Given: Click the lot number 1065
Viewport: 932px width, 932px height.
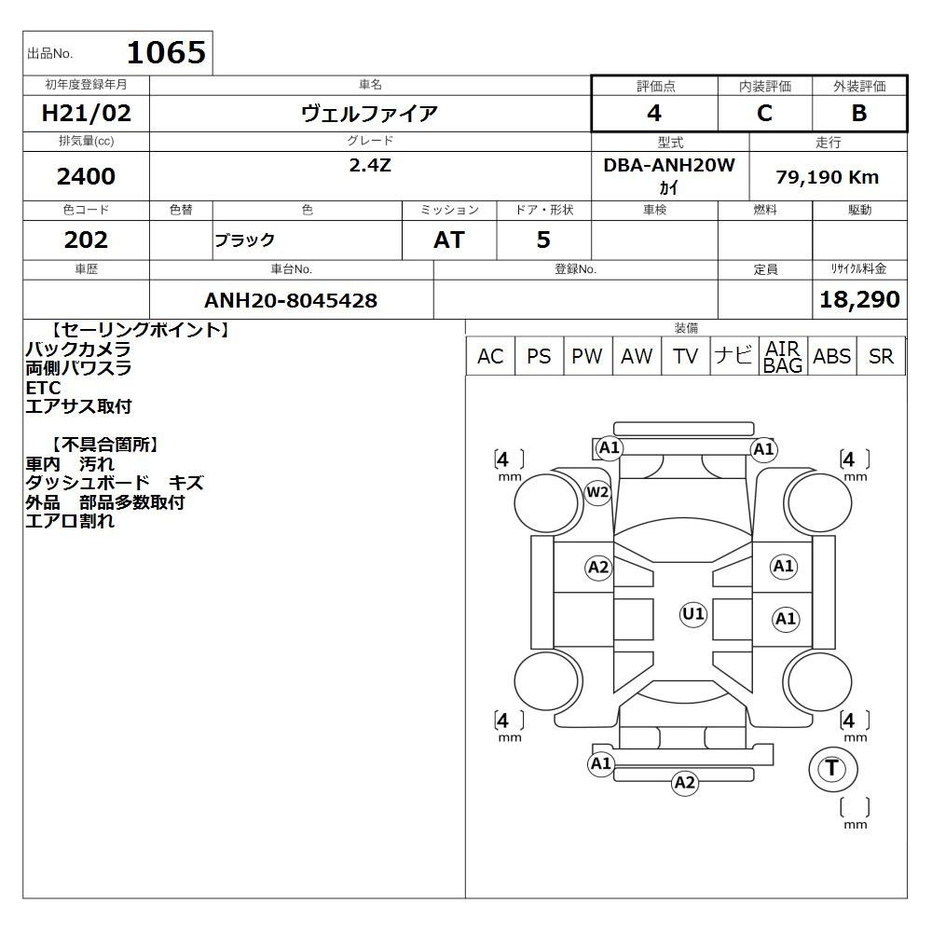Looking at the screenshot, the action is point(166,52).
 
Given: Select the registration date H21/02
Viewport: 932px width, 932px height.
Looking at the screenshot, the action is point(86,113).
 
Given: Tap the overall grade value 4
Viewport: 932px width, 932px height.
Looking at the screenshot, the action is point(654,113).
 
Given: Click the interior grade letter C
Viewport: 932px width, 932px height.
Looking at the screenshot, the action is point(764,113).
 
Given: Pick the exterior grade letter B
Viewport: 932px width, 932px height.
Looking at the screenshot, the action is point(859,113).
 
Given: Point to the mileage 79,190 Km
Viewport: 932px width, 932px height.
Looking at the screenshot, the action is point(828,177).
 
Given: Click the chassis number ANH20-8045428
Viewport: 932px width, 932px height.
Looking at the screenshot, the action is point(291,300).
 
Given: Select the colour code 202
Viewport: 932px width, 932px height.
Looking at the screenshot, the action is point(86,240).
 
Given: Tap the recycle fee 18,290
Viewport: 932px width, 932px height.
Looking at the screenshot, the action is point(859,299).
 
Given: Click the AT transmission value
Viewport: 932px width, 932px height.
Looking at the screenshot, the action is point(449,240).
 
